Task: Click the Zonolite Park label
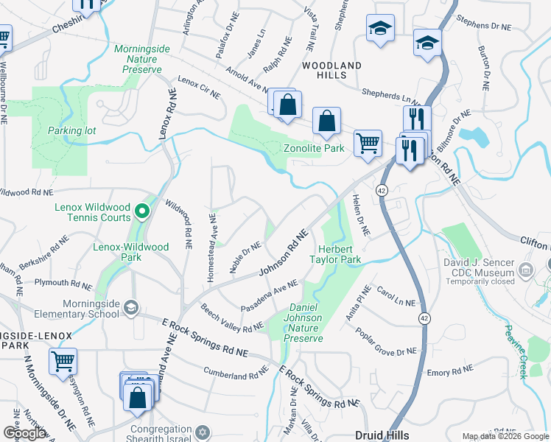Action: coord(315,148)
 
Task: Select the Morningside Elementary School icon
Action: coord(131,307)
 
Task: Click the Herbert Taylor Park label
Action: coord(339,254)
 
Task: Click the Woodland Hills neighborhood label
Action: coord(331,71)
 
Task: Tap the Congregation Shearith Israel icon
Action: coord(204,431)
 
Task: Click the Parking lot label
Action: coord(72,130)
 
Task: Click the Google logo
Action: coord(24,432)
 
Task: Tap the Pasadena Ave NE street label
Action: coord(269,295)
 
